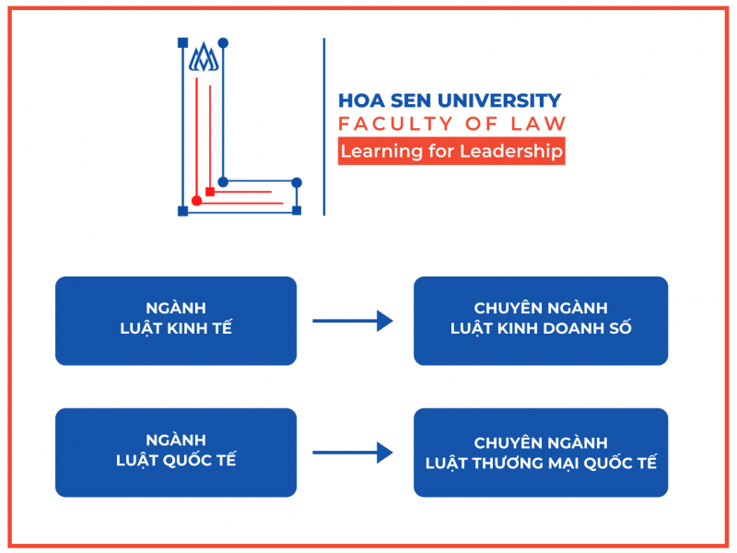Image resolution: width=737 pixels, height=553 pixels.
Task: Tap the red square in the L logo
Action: (210, 192)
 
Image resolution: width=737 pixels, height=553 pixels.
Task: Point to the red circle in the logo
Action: (196, 201)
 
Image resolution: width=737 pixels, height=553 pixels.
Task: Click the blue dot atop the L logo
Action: (223, 43)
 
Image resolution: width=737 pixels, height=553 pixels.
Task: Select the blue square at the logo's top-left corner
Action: (182, 42)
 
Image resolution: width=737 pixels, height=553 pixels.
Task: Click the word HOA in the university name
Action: (357, 100)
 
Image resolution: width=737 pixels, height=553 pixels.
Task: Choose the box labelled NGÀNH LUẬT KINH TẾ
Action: (176, 320)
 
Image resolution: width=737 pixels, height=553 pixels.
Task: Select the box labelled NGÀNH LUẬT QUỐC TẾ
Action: (176, 452)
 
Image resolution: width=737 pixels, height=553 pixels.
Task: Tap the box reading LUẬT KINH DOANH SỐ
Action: (541, 320)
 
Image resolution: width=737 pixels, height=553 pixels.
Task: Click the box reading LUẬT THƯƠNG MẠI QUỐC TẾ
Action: (541, 452)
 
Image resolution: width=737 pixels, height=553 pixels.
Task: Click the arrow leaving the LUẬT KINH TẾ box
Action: (353, 321)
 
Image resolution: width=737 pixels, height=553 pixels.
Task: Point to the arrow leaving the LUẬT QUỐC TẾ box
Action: (353, 453)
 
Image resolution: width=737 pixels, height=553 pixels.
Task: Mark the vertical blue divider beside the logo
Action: (324, 126)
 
